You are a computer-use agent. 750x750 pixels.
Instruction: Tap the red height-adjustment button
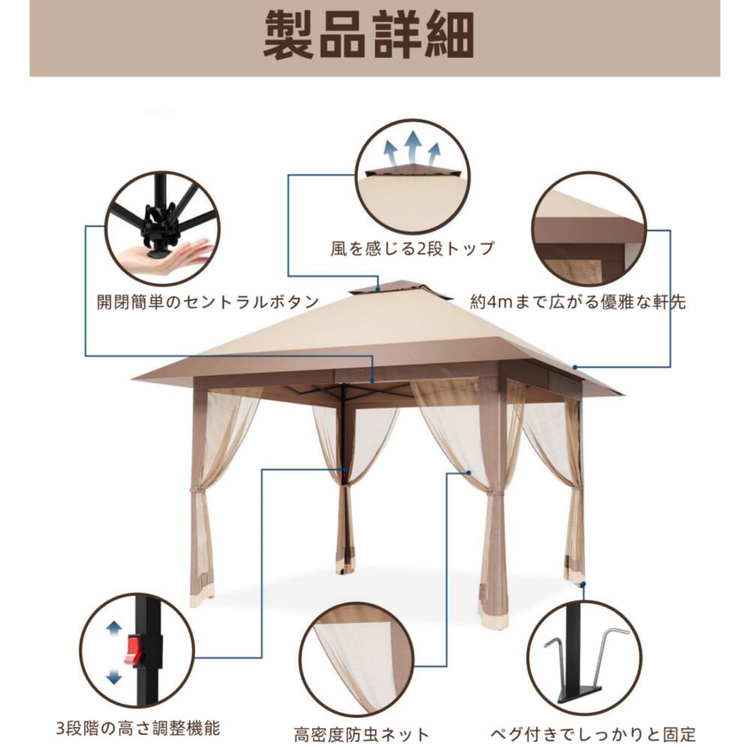point(136,649)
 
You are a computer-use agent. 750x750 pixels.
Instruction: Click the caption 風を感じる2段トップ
point(412,248)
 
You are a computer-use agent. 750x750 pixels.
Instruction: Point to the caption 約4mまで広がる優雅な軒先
point(577,302)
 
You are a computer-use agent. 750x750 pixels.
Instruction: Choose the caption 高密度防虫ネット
point(362,733)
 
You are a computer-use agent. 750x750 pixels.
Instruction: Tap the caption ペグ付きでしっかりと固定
point(593,733)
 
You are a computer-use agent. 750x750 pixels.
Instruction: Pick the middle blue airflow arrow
point(412,145)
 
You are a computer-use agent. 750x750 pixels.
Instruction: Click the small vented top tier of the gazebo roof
point(402,289)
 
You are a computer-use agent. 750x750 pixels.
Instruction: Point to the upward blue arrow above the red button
point(114,628)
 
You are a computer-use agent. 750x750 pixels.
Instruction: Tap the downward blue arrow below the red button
point(114,676)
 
